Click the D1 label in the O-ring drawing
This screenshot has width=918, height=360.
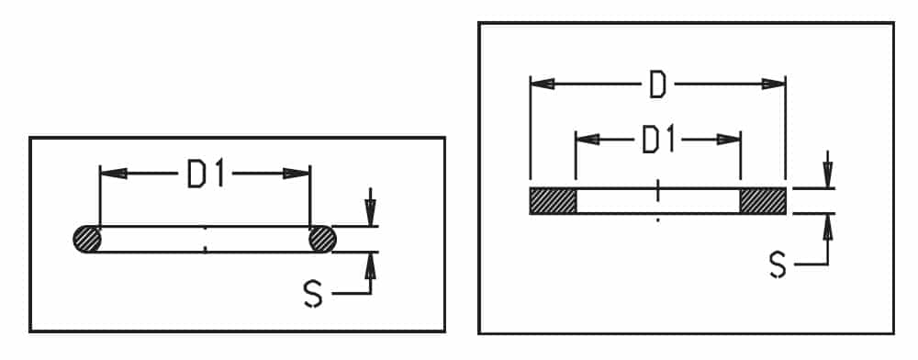click(206, 174)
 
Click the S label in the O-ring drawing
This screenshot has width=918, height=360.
click(313, 294)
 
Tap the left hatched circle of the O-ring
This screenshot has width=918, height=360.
click(87, 240)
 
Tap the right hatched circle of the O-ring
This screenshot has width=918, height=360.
click(322, 240)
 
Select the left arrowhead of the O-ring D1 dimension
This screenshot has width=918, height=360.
click(114, 174)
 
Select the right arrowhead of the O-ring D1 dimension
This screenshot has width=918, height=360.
click(297, 174)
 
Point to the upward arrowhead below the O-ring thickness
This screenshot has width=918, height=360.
click(370, 265)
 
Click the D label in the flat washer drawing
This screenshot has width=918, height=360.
click(658, 85)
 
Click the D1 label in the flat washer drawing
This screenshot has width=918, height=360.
click(659, 141)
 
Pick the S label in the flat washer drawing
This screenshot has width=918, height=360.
click(778, 265)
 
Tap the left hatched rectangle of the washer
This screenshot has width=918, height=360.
click(554, 201)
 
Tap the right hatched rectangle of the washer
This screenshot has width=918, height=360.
click(763, 201)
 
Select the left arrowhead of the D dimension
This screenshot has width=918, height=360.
click(543, 84)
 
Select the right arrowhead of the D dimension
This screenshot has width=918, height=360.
click(773, 84)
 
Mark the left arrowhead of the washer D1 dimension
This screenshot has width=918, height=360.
click(588, 140)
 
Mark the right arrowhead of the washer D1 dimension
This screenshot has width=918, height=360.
click(729, 140)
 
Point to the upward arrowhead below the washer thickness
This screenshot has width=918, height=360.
click(828, 227)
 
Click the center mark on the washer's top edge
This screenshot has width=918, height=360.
click(658, 190)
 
